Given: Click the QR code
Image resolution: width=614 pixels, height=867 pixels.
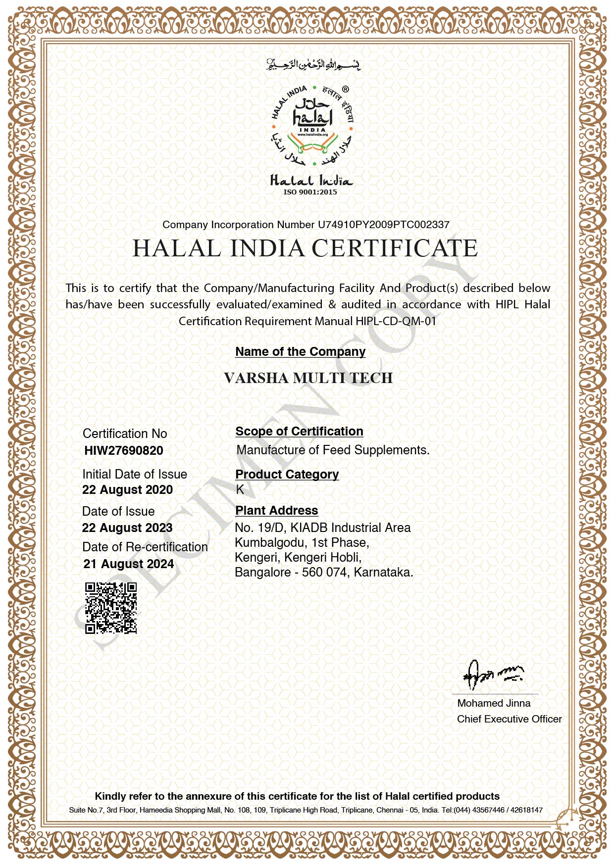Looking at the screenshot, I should click(x=111, y=608).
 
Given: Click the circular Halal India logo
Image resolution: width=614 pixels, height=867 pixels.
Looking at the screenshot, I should click(x=312, y=126).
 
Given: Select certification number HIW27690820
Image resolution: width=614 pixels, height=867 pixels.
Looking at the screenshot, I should click(x=124, y=450).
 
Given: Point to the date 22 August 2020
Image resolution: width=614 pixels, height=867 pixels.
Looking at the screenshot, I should click(x=127, y=489).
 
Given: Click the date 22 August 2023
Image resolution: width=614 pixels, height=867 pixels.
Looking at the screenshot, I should click(x=127, y=528).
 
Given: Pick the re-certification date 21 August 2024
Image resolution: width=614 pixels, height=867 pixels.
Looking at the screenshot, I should click(x=129, y=564).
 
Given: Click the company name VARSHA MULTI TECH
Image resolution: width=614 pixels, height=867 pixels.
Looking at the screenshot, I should click(x=308, y=378).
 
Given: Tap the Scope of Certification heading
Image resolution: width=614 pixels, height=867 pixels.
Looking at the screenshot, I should click(x=299, y=431).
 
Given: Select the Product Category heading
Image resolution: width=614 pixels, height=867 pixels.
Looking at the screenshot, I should click(x=287, y=474).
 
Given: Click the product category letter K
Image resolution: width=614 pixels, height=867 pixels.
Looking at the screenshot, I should click(x=240, y=489).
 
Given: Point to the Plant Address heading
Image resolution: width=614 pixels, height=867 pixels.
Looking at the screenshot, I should click(x=276, y=510).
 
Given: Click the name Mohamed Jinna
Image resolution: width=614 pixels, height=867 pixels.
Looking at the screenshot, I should click(x=494, y=703).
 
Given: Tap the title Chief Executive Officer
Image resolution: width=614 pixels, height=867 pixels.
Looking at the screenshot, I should click(x=509, y=719).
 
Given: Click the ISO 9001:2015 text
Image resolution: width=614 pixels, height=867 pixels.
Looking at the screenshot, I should click(x=310, y=192).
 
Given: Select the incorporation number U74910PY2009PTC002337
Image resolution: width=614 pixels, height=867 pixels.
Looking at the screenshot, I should click(x=383, y=225).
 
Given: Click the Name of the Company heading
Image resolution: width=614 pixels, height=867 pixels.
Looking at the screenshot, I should click(x=300, y=351).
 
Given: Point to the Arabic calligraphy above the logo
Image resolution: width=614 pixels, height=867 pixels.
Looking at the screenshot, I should click(x=313, y=64).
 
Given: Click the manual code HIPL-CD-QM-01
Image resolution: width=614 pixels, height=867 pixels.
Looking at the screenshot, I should click(x=396, y=321).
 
